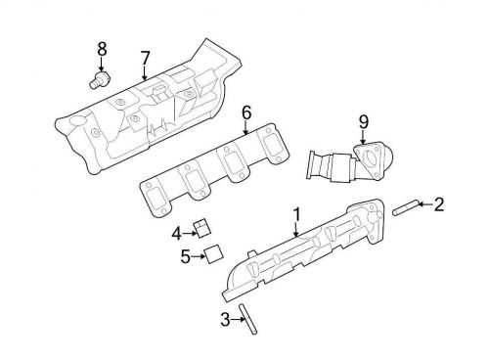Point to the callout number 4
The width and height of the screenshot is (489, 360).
pos(177,233)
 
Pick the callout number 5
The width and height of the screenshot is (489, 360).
pos(184,258)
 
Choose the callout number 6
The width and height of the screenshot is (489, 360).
pos(246,111)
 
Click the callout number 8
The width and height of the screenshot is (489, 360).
pos(101,47)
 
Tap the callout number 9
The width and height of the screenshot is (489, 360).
pos(363,121)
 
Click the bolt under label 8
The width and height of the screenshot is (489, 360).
pos(99,77)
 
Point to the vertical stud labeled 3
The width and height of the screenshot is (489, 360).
pos(251,319)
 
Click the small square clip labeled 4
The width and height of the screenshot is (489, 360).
pos(201,228)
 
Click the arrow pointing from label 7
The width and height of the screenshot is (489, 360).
pos(144,70)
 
